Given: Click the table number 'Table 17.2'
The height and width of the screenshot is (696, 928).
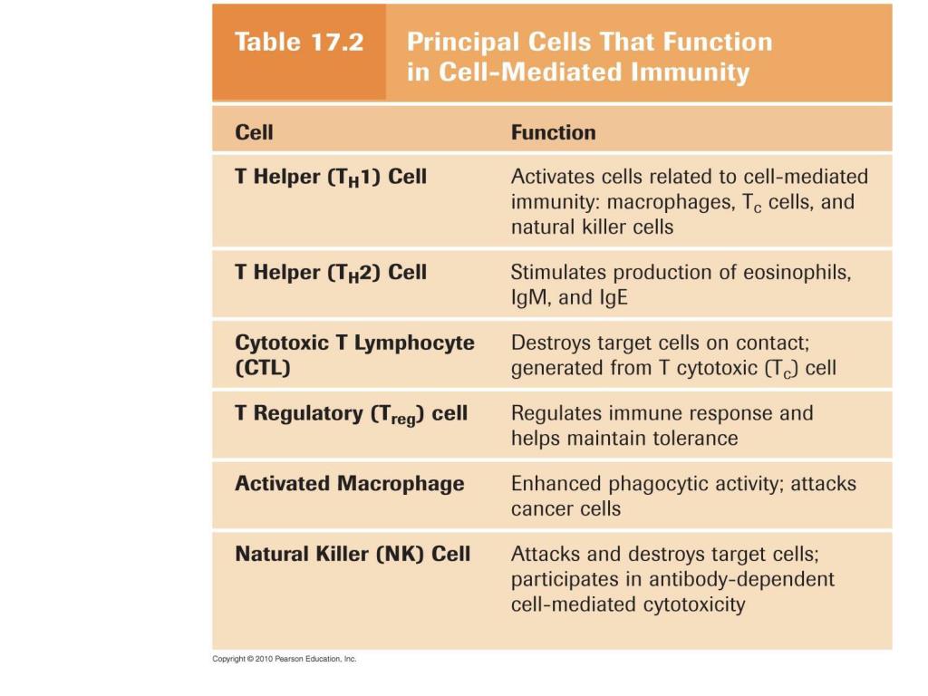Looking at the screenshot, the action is pos(298,43).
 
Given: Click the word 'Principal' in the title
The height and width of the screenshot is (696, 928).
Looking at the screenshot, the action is pos(462,42).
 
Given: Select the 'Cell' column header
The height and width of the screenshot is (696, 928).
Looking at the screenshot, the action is pos(254,132).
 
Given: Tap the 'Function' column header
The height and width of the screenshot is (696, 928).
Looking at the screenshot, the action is pos(553,132).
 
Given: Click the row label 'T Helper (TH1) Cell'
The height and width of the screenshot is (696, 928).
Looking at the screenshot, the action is pos(330,177).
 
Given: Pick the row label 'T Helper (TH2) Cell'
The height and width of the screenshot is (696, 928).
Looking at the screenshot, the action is pos(330,273).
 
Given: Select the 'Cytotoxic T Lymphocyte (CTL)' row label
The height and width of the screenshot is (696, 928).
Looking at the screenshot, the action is pos(354,355).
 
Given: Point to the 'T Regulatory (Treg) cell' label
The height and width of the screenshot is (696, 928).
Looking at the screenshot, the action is pos(351,414).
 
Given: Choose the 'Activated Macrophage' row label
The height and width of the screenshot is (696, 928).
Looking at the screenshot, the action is pos(349,484).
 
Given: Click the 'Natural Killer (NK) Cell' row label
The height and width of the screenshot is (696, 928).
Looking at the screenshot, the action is pos(353,554).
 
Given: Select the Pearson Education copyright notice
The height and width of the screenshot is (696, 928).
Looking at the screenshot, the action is pos(285,659).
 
